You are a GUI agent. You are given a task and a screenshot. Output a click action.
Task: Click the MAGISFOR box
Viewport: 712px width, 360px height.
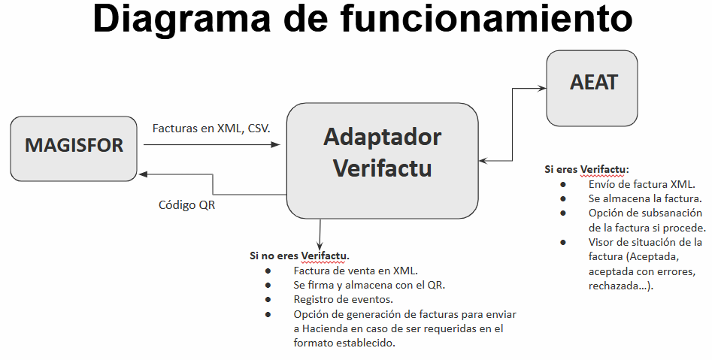click(x=74, y=147)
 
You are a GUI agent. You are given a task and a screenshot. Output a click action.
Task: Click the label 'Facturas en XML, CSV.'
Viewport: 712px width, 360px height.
click(x=211, y=129)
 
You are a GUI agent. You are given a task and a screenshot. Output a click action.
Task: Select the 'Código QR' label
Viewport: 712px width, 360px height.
click(x=187, y=204)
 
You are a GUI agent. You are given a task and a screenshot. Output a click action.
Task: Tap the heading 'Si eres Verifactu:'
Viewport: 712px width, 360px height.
click(x=587, y=169)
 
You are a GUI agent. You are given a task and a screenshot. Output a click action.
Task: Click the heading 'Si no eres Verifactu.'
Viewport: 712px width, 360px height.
click(x=299, y=256)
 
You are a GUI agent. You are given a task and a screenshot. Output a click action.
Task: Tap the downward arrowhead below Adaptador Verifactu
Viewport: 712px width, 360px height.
click(x=320, y=247)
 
